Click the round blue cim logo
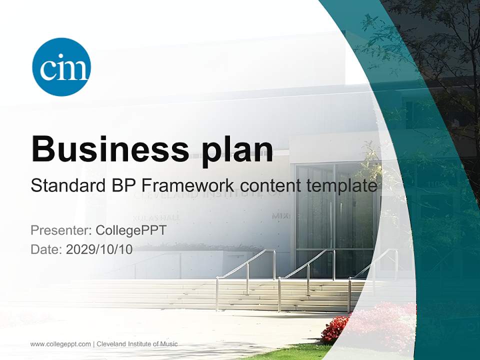click(x=61, y=67)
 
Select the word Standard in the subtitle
click(x=67, y=186)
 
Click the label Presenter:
click(x=60, y=230)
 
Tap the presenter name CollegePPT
click(x=130, y=230)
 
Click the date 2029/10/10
click(x=99, y=249)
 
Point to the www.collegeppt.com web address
click(x=60, y=344)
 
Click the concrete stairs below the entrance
click(x=280, y=297)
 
